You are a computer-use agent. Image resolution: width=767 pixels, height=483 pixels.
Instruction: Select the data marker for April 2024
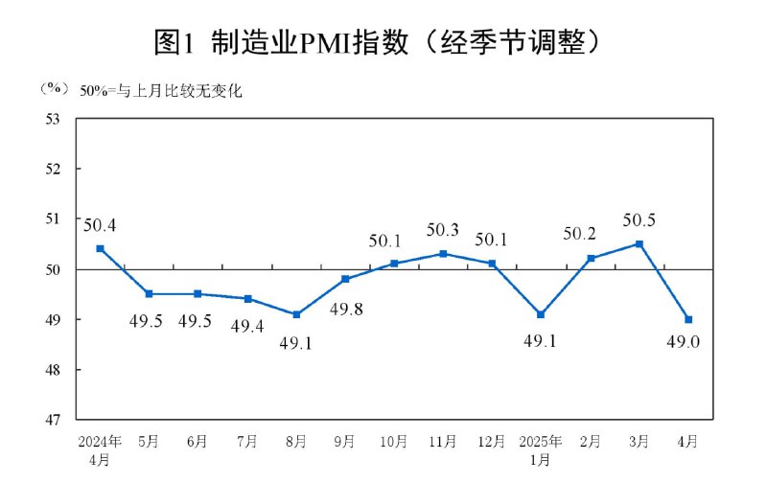100,248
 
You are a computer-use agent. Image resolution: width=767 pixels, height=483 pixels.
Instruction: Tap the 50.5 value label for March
639,220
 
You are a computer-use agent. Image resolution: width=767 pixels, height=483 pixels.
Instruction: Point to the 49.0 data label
687,339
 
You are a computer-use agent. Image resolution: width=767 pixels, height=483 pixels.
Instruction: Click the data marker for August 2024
296,314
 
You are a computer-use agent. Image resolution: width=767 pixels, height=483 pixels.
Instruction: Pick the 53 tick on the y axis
53,119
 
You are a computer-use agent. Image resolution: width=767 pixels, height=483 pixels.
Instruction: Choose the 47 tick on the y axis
53,420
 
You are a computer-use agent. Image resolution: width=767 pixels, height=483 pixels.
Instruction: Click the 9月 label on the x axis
345,442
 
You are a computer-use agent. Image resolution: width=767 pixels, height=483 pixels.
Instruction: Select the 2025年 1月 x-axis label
541,450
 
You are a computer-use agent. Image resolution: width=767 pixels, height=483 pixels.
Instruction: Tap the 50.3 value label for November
442,230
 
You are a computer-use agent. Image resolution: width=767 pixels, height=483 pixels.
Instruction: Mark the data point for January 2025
542,314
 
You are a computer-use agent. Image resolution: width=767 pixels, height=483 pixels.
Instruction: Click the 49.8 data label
345,310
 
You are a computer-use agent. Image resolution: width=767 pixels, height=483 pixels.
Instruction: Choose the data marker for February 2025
591,258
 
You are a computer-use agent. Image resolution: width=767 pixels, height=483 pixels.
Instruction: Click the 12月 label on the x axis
492,442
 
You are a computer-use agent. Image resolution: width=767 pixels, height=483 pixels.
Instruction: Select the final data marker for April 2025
688,319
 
